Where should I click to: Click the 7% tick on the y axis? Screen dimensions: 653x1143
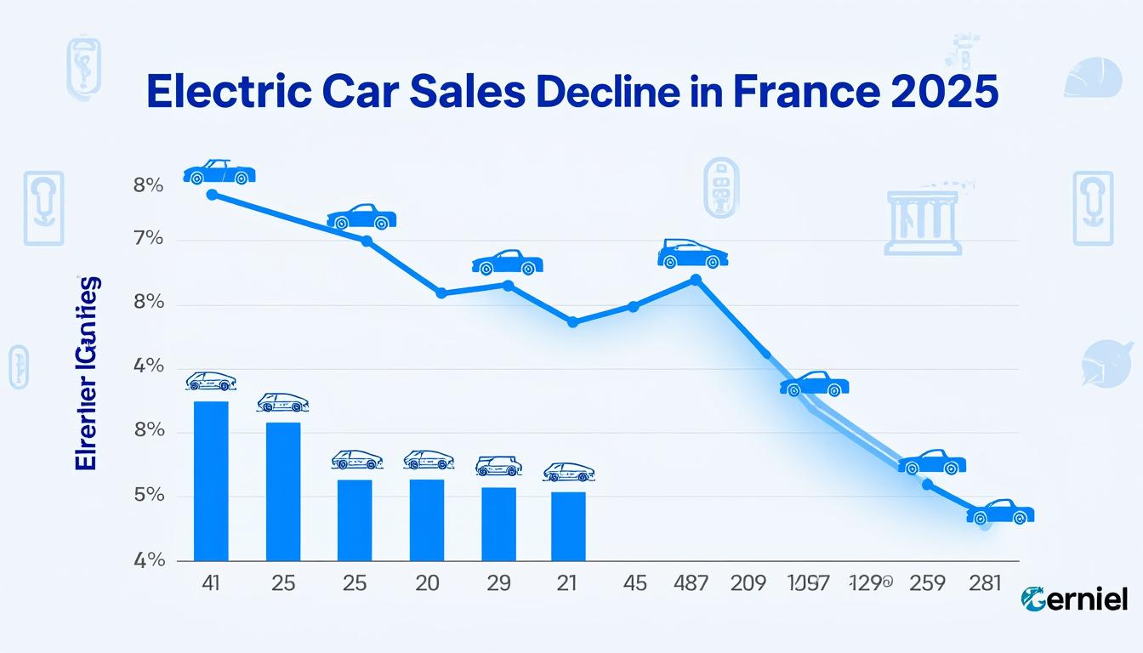[x=148, y=239]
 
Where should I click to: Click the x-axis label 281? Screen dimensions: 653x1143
[x=987, y=583]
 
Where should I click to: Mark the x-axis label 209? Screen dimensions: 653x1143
[x=748, y=583]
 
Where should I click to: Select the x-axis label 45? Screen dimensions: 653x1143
[x=634, y=583]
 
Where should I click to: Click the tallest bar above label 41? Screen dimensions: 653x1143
[x=211, y=480]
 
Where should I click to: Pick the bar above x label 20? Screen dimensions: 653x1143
[x=427, y=520]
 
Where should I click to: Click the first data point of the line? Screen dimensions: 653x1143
[x=212, y=195]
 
